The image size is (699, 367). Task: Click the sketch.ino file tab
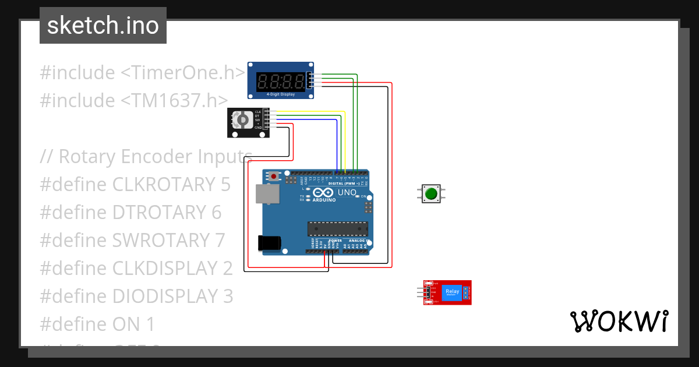click(103, 26)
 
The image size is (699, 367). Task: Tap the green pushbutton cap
click(431, 193)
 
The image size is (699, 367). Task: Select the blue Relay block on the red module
click(451, 292)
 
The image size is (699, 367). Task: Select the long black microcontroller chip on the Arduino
click(338, 230)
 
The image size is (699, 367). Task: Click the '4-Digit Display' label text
click(281, 94)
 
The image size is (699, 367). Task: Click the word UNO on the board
click(347, 192)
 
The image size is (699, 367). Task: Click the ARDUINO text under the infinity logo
click(324, 200)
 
